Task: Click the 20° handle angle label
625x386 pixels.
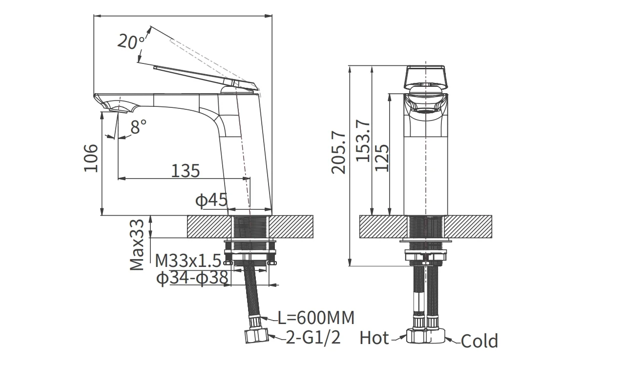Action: pos(131,42)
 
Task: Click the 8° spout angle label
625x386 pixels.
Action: pos(138,127)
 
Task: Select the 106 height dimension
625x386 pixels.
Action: pos(91,158)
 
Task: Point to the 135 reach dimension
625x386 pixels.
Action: pos(185,171)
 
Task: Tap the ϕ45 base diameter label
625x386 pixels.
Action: pos(211,200)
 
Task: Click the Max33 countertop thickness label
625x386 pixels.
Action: pos(137,245)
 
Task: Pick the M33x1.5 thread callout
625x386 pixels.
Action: pos(188,261)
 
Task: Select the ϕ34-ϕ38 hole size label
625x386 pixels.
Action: pos(192,278)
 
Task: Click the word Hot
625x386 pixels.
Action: pos(374,338)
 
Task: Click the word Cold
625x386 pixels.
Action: pos(479,341)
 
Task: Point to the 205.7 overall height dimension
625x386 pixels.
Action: pos(338,152)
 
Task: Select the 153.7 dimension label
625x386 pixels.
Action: pos(363,141)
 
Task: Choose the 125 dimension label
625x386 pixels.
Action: pos(382,158)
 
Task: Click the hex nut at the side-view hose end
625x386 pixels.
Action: pos(257,336)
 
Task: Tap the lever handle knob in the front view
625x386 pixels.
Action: pos(425,77)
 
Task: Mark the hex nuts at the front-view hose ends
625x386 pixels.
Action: pos(425,336)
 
